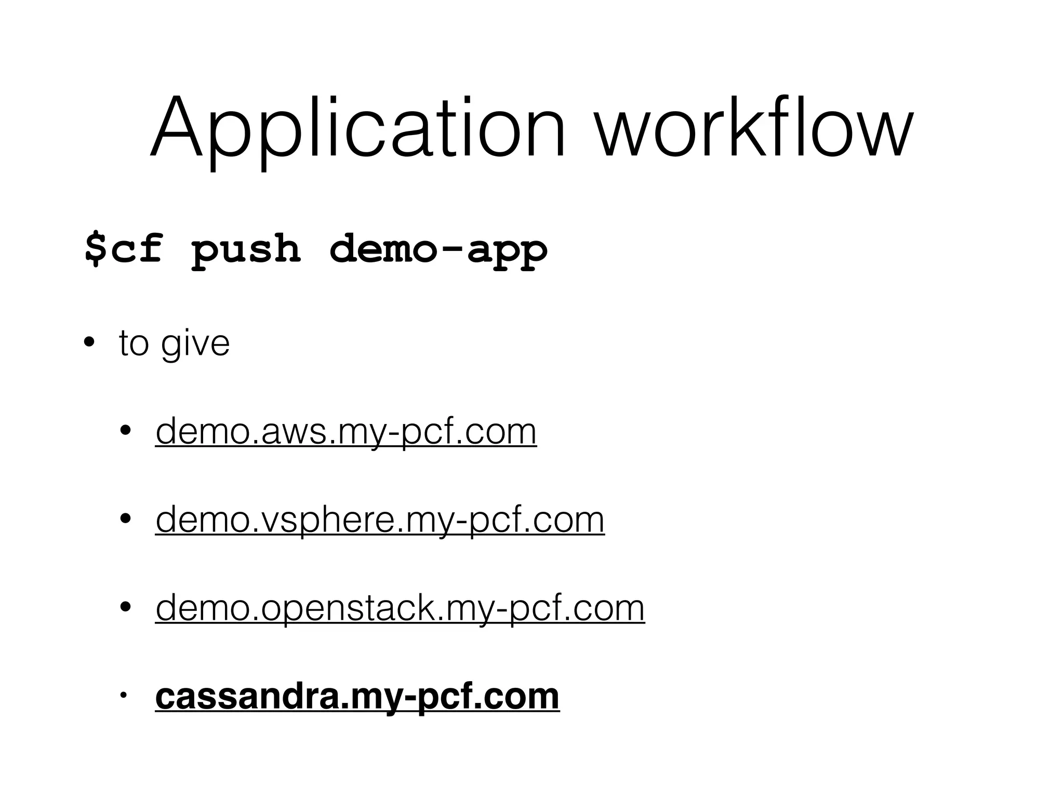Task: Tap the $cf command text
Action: coord(124,249)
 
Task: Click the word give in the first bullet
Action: coord(195,344)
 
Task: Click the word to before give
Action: coord(134,344)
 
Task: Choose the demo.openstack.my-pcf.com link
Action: coord(400,608)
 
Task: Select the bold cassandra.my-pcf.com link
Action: coord(357,697)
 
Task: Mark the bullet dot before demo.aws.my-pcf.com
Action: coord(125,431)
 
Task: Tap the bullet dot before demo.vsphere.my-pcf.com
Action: coord(125,519)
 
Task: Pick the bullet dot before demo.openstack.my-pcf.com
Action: coord(125,607)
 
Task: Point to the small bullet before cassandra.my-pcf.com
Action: coord(123,696)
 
